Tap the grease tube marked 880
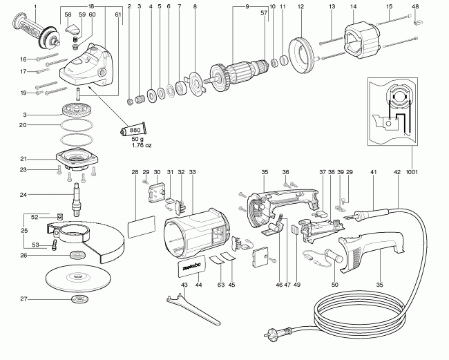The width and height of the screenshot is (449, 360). (x=133, y=130)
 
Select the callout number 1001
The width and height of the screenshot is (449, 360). (x=412, y=172)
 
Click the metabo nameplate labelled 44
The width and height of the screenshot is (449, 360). (x=191, y=266)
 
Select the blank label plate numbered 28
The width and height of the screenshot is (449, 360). (x=141, y=227)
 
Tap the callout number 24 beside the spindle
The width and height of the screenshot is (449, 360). (x=23, y=195)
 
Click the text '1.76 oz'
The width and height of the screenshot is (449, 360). (x=142, y=145)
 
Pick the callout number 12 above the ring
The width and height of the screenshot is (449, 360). (x=300, y=6)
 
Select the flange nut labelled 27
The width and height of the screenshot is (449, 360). (x=79, y=299)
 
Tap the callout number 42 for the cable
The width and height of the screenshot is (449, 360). (x=397, y=172)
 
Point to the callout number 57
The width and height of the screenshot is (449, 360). (x=264, y=12)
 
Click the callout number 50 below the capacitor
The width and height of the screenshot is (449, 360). (x=335, y=285)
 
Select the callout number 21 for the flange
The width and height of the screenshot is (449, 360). (x=23, y=159)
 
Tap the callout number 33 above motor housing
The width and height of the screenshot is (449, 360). (x=193, y=172)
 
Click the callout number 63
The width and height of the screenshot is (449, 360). (x=221, y=285)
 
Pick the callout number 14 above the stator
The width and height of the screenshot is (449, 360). (x=354, y=6)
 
